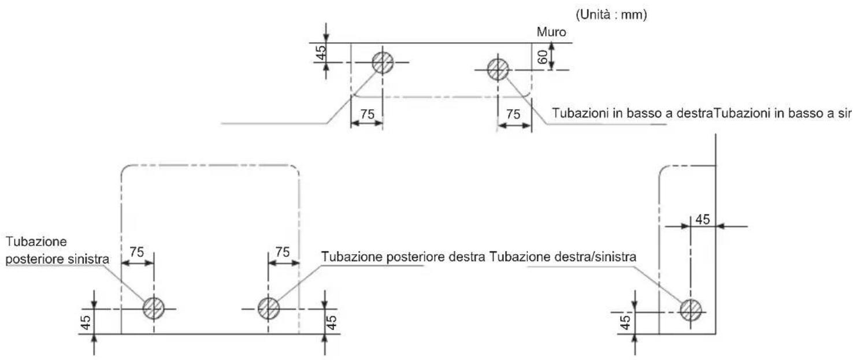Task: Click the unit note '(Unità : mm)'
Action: (611, 15)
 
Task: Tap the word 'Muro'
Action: (551, 32)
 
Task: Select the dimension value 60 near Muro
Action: (543, 57)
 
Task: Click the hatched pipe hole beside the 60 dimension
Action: (498, 70)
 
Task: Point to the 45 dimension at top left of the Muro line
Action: (321, 53)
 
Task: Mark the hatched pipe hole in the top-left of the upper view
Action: (383, 62)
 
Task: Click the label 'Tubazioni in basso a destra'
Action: (632, 113)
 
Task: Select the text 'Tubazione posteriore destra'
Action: (403, 257)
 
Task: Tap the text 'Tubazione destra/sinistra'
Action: (563, 257)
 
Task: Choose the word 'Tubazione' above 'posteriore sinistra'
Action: (36, 242)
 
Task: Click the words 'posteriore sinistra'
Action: (57, 259)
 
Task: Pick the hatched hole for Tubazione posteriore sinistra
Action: (154, 309)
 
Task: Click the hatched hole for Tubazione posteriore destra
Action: (269, 309)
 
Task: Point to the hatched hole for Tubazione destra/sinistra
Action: (691, 310)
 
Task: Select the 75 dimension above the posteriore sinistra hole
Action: (137, 252)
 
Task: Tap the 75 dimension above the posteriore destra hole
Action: (283, 252)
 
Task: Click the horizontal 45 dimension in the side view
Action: (703, 220)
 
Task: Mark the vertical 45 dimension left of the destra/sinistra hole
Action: (625, 322)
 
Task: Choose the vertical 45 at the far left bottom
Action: (86, 322)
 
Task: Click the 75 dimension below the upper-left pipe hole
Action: (368, 114)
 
